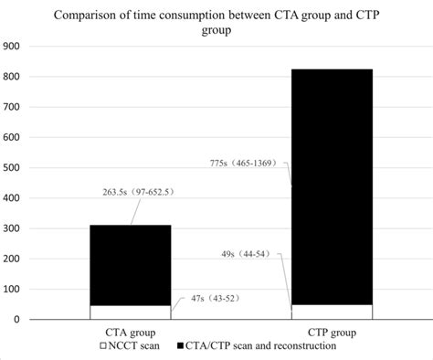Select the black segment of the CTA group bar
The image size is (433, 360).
[x=130, y=265]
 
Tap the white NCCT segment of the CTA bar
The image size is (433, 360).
[x=130, y=312]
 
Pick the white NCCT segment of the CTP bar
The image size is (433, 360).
[x=331, y=312]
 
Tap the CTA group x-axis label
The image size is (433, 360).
[x=130, y=333]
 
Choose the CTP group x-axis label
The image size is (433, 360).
[x=331, y=333]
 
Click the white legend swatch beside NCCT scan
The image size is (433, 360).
[x=103, y=346]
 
